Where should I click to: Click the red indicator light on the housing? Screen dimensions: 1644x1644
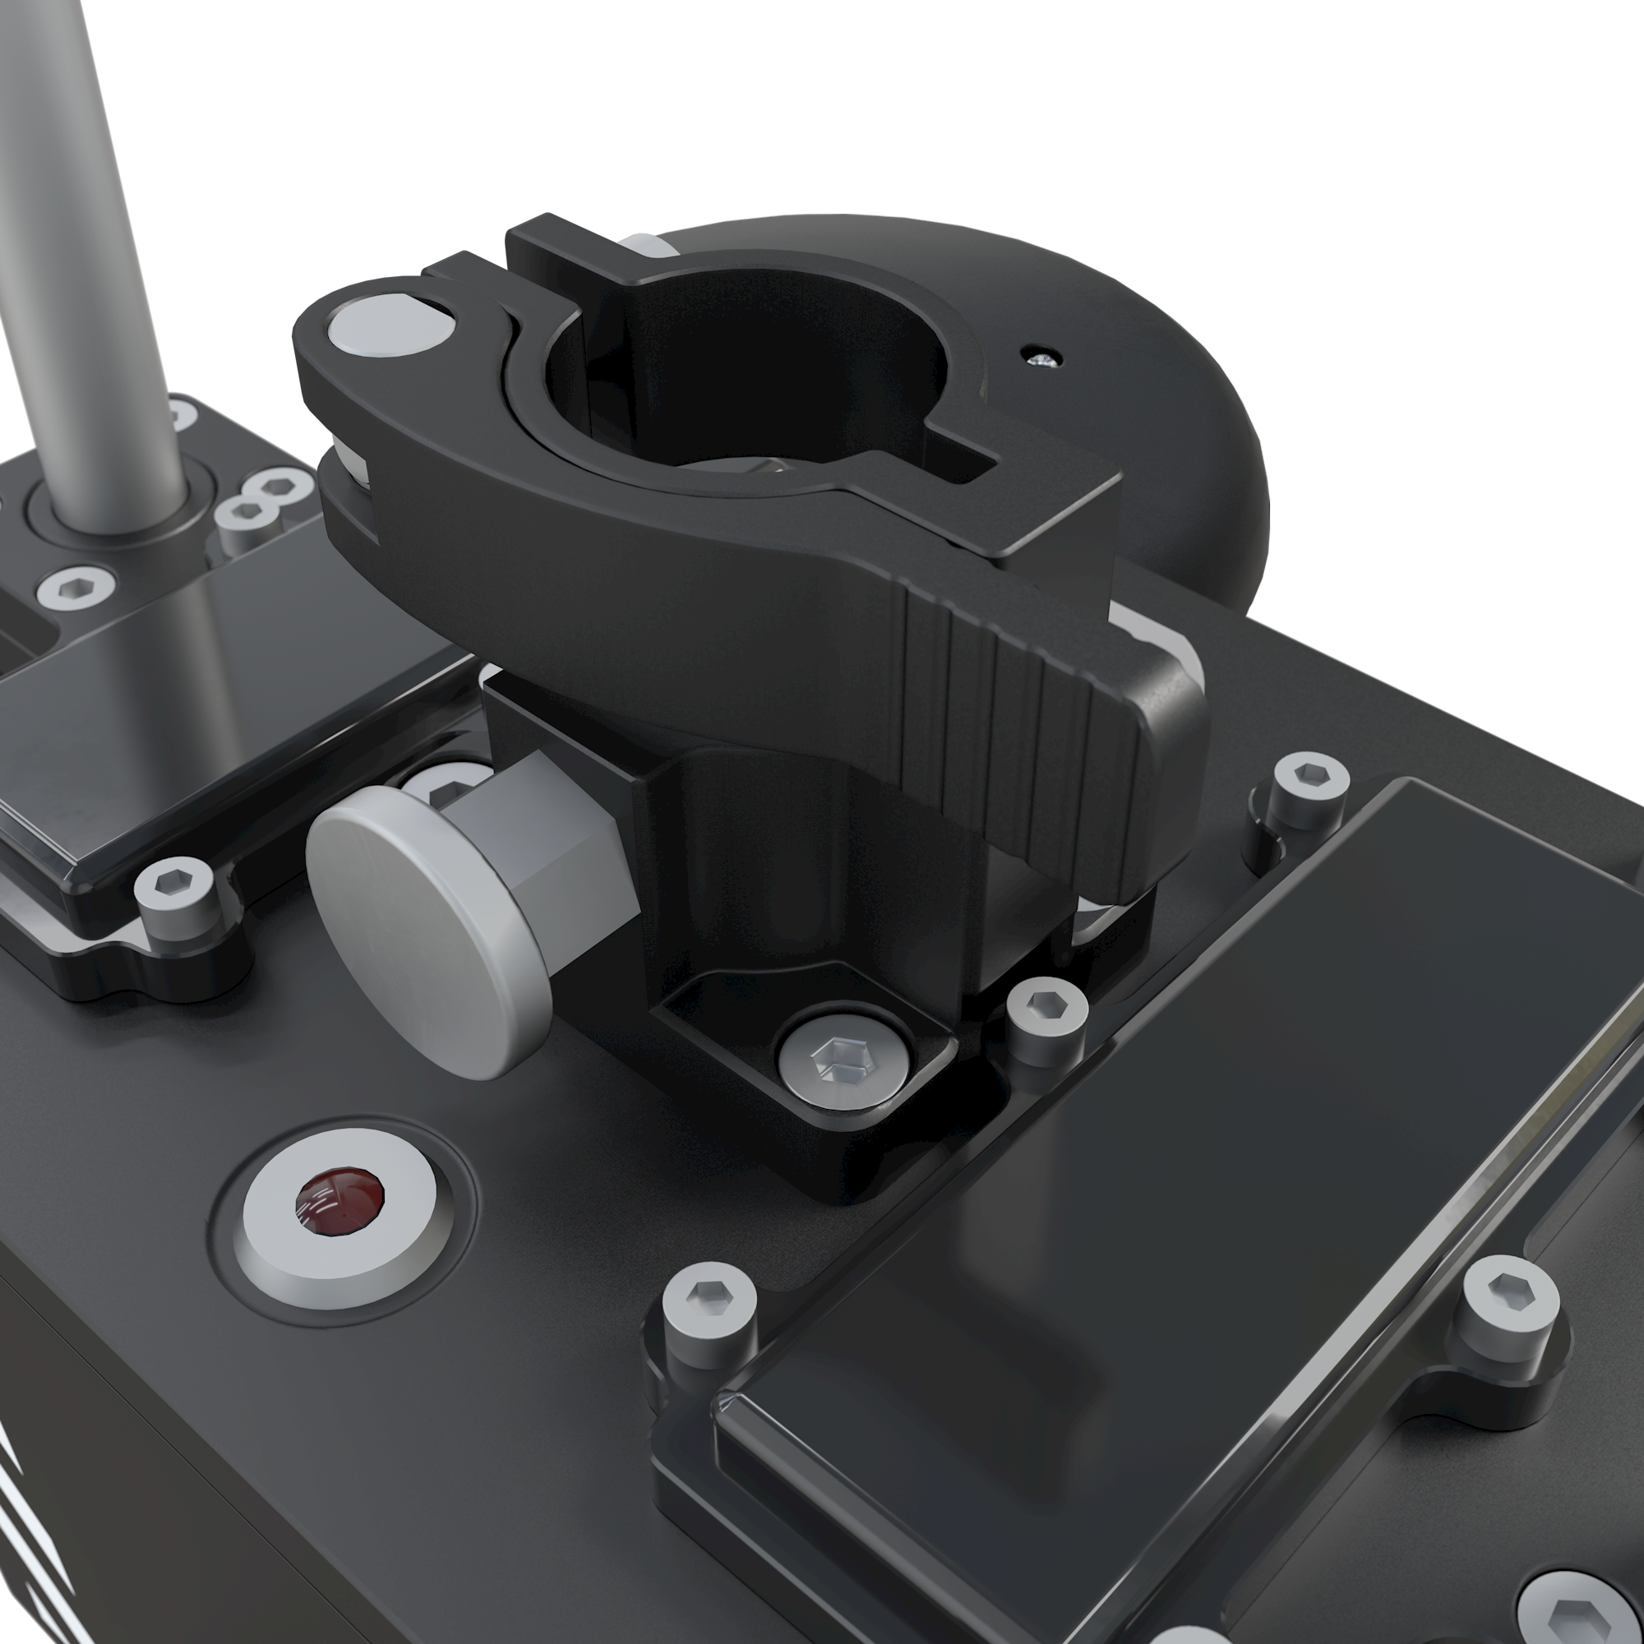(x=338, y=1202)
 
